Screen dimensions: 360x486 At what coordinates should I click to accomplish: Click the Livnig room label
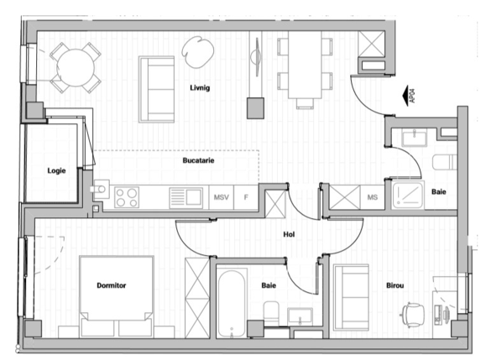pyautogui.click(x=199, y=87)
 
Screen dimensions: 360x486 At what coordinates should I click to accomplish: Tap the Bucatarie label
pyautogui.click(x=199, y=159)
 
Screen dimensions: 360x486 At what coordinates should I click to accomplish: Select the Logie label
pyautogui.click(x=56, y=171)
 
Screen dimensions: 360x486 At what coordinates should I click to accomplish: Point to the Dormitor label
pyautogui.click(x=111, y=285)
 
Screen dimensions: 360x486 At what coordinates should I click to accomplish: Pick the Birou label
pyautogui.click(x=395, y=285)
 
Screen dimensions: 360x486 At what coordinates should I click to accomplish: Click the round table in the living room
pyautogui.click(x=75, y=66)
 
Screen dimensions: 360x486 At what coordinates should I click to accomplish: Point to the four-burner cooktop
pyautogui.click(x=127, y=197)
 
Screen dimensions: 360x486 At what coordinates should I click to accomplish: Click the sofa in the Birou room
pyautogui.click(x=349, y=298)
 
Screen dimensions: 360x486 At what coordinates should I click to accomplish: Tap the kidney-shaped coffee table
pyautogui.click(x=199, y=53)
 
